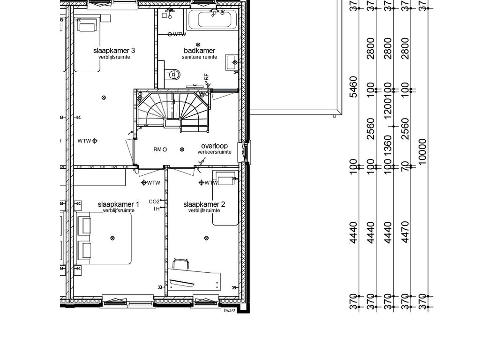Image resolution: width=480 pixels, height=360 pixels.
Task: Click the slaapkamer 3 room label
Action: (x=114, y=51)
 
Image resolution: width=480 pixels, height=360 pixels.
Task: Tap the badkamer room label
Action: (x=199, y=51)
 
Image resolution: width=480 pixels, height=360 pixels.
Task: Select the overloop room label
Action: (x=214, y=146)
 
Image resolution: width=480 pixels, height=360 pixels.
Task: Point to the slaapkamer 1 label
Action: (x=119, y=204)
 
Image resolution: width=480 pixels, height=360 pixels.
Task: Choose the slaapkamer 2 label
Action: (x=204, y=204)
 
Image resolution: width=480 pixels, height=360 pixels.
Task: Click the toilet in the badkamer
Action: (x=173, y=75)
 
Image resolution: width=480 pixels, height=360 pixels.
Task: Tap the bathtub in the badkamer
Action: (x=213, y=19)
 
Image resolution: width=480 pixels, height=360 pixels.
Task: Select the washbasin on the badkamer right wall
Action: (x=232, y=62)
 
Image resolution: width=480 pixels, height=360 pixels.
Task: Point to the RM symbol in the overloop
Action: (x=160, y=150)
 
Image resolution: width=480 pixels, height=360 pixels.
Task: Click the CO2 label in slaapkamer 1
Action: (x=154, y=202)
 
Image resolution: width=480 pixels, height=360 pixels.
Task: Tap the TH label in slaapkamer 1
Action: (x=156, y=209)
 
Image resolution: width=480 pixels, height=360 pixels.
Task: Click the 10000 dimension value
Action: (x=422, y=151)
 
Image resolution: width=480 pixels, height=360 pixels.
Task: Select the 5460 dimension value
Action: (x=353, y=87)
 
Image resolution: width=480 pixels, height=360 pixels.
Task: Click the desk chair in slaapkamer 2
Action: (x=180, y=264)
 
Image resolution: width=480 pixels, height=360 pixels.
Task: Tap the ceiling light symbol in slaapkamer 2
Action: (x=207, y=238)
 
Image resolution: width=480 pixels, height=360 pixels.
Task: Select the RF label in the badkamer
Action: (x=206, y=77)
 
